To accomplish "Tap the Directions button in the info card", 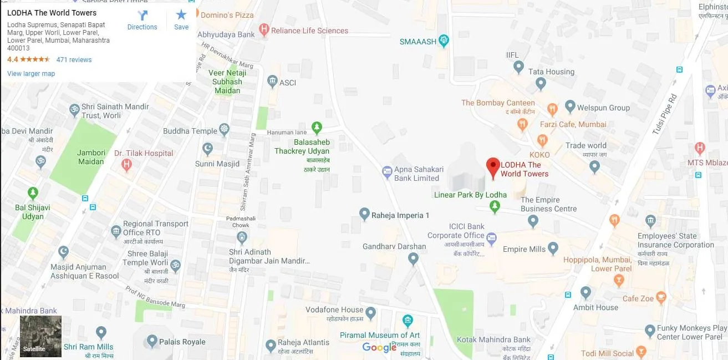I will pyautogui.click(x=142, y=20).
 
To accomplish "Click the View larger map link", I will pyautogui.click(x=31, y=74).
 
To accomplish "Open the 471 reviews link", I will pyautogui.click(x=74, y=60).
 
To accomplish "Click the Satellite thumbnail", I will pyautogui.click(x=40, y=336).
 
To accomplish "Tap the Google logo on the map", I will pyautogui.click(x=379, y=347).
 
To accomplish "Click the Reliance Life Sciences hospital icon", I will pyautogui.click(x=264, y=31).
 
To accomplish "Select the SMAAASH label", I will pyautogui.click(x=418, y=42).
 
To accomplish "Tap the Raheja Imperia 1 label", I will pyautogui.click(x=400, y=215).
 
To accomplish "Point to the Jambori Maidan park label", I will pyautogui.click(x=91, y=157).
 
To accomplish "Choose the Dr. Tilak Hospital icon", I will pyautogui.click(x=127, y=164).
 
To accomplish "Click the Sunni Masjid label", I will pyautogui.click(x=217, y=164).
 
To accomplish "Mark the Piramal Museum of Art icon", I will pyautogui.click(x=408, y=321).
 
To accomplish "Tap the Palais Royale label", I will pyautogui.click(x=182, y=342).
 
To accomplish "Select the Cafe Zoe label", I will pyautogui.click(x=638, y=298).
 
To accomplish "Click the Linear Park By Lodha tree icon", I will pyautogui.click(x=495, y=206).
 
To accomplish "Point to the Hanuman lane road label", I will pyautogui.click(x=287, y=132).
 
